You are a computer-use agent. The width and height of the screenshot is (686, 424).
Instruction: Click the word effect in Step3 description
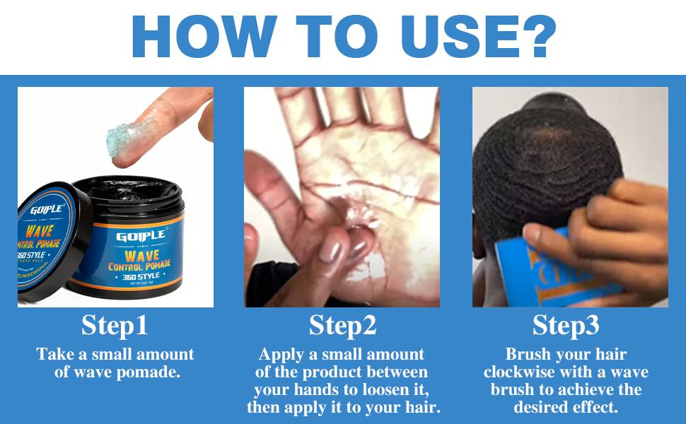pos(597,408)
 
